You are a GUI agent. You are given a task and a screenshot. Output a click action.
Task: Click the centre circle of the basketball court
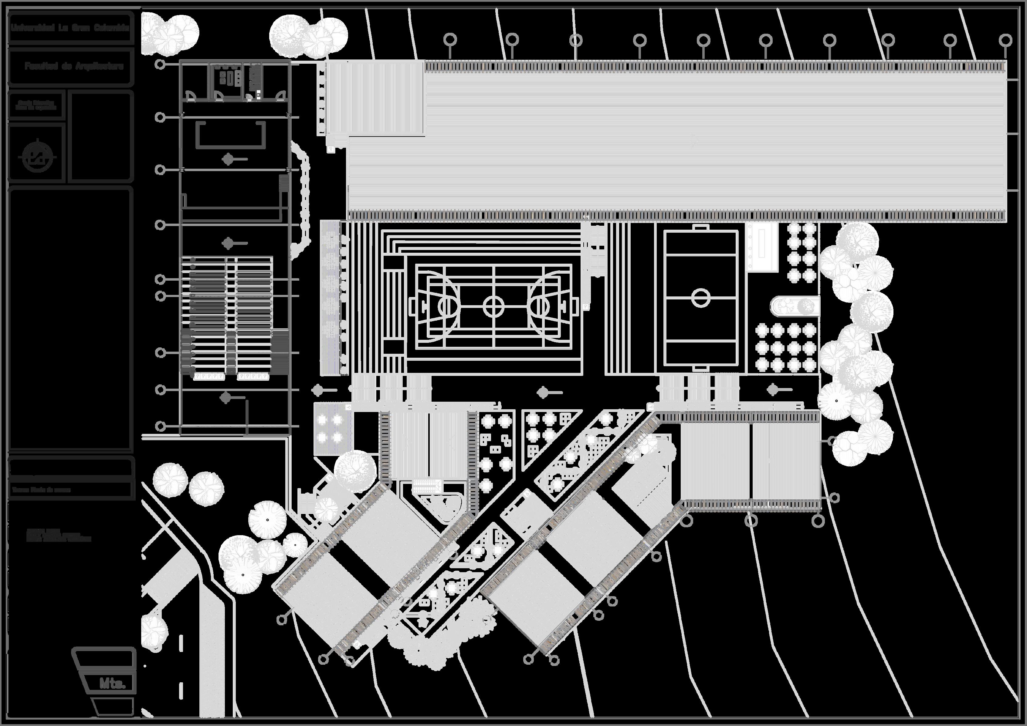pyautogui.click(x=493, y=307)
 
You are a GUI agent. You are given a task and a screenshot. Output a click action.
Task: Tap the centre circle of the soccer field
pyautogui.click(x=700, y=297)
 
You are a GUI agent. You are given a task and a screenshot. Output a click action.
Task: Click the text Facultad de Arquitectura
pyautogui.click(x=74, y=66)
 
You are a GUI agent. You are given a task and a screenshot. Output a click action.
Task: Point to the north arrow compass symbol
pyautogui.click(x=38, y=157)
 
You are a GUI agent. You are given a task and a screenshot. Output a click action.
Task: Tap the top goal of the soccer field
pyautogui.click(x=700, y=228)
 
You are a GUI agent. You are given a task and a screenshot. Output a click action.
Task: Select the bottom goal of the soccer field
pyautogui.click(x=700, y=368)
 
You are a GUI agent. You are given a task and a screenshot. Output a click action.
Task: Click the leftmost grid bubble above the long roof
pyautogui.click(x=450, y=40)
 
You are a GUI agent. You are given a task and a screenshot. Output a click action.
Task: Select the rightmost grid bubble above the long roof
pyautogui.click(x=1005, y=40)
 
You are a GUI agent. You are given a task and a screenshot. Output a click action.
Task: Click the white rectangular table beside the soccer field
pyautogui.click(x=762, y=247)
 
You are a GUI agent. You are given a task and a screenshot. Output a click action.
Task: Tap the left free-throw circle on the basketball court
pyautogui.click(x=447, y=307)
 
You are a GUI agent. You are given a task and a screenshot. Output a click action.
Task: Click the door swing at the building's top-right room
pyautogui.click(x=281, y=96)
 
